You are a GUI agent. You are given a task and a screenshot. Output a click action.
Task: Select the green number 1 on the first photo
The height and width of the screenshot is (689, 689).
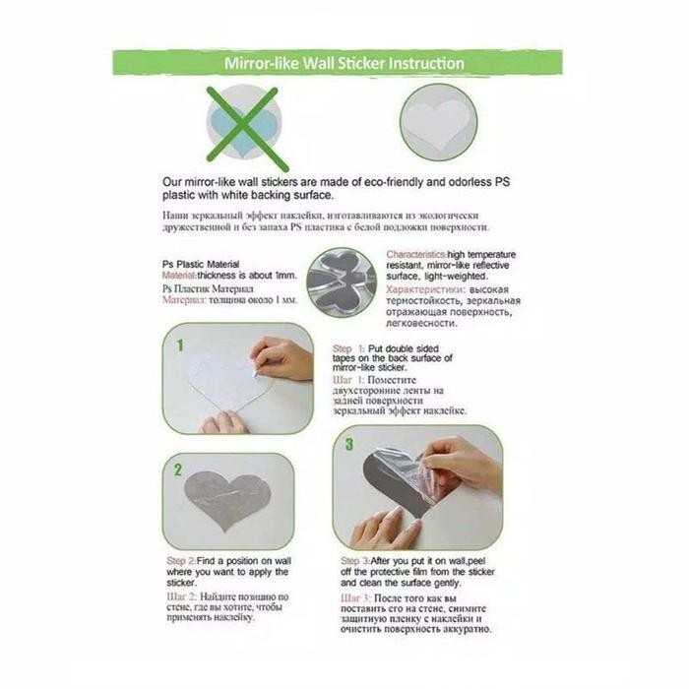pos(181,346)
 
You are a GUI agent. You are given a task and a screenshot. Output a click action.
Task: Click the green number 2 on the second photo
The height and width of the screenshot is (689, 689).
pos(178,470)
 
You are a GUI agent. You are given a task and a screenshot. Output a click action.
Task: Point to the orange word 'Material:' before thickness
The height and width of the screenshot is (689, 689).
pos(181,278)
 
